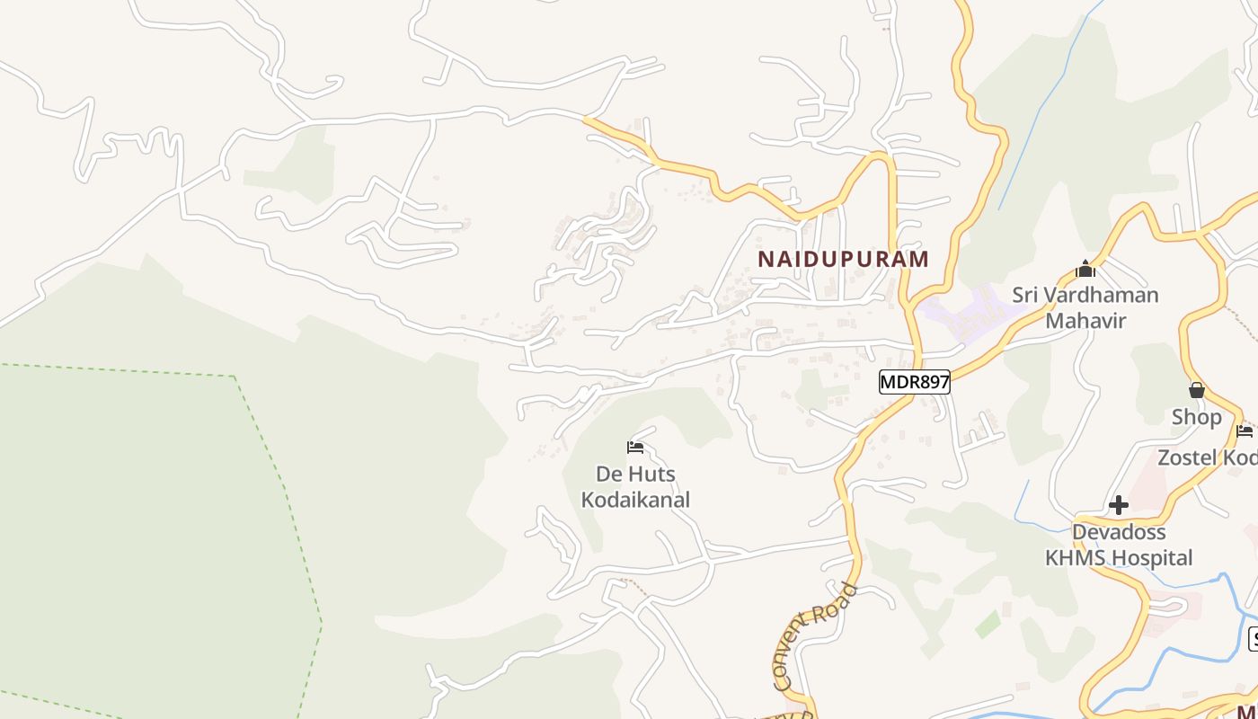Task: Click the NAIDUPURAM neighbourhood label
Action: pos(843,260)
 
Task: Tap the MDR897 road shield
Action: pos(914,382)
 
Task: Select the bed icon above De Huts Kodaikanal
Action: pos(635,447)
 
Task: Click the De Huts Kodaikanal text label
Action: pos(635,486)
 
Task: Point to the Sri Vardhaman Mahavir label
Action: pos(1085,307)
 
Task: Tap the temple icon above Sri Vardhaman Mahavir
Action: pos(1085,269)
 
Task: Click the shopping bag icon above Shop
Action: pos(1196,390)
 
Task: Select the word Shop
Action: pos(1196,417)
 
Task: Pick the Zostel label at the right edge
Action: pos(1207,457)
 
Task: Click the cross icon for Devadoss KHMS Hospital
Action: pos(1118,505)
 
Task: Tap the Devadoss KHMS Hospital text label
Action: pos(1119,546)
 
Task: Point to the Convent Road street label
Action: pos(815,636)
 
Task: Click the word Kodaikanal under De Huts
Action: pos(635,500)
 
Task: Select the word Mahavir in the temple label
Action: pos(1085,320)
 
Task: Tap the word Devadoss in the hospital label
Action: pos(1119,532)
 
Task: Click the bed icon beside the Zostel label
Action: pos(1245,431)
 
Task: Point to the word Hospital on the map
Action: pos(1153,558)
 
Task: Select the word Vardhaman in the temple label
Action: pos(1102,295)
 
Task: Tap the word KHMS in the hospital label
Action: pos(1077,558)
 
